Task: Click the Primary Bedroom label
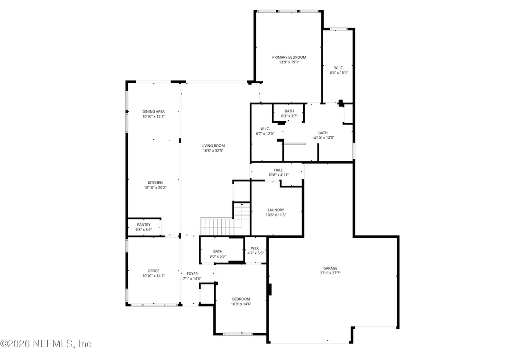click(x=289, y=57)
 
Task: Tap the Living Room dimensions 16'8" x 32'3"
click(x=213, y=151)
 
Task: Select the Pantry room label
click(x=144, y=225)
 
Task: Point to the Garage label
click(x=330, y=268)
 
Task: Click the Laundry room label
click(x=276, y=210)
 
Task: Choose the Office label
click(x=154, y=270)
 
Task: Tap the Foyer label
click(x=192, y=274)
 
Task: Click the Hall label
click(x=278, y=170)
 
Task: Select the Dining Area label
click(x=154, y=111)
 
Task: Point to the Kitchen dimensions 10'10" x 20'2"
click(x=155, y=188)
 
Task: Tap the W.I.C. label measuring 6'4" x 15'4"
click(x=339, y=68)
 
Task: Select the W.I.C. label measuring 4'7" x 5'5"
click(x=255, y=248)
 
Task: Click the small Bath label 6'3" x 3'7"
click(x=290, y=111)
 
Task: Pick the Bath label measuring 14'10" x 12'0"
click(x=323, y=133)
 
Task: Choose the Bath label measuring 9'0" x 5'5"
click(x=217, y=251)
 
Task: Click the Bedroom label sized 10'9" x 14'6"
click(x=241, y=299)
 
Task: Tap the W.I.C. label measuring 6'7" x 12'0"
click(x=265, y=129)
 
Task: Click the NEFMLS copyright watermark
click(x=45, y=343)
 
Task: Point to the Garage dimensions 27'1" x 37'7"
click(x=330, y=273)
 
